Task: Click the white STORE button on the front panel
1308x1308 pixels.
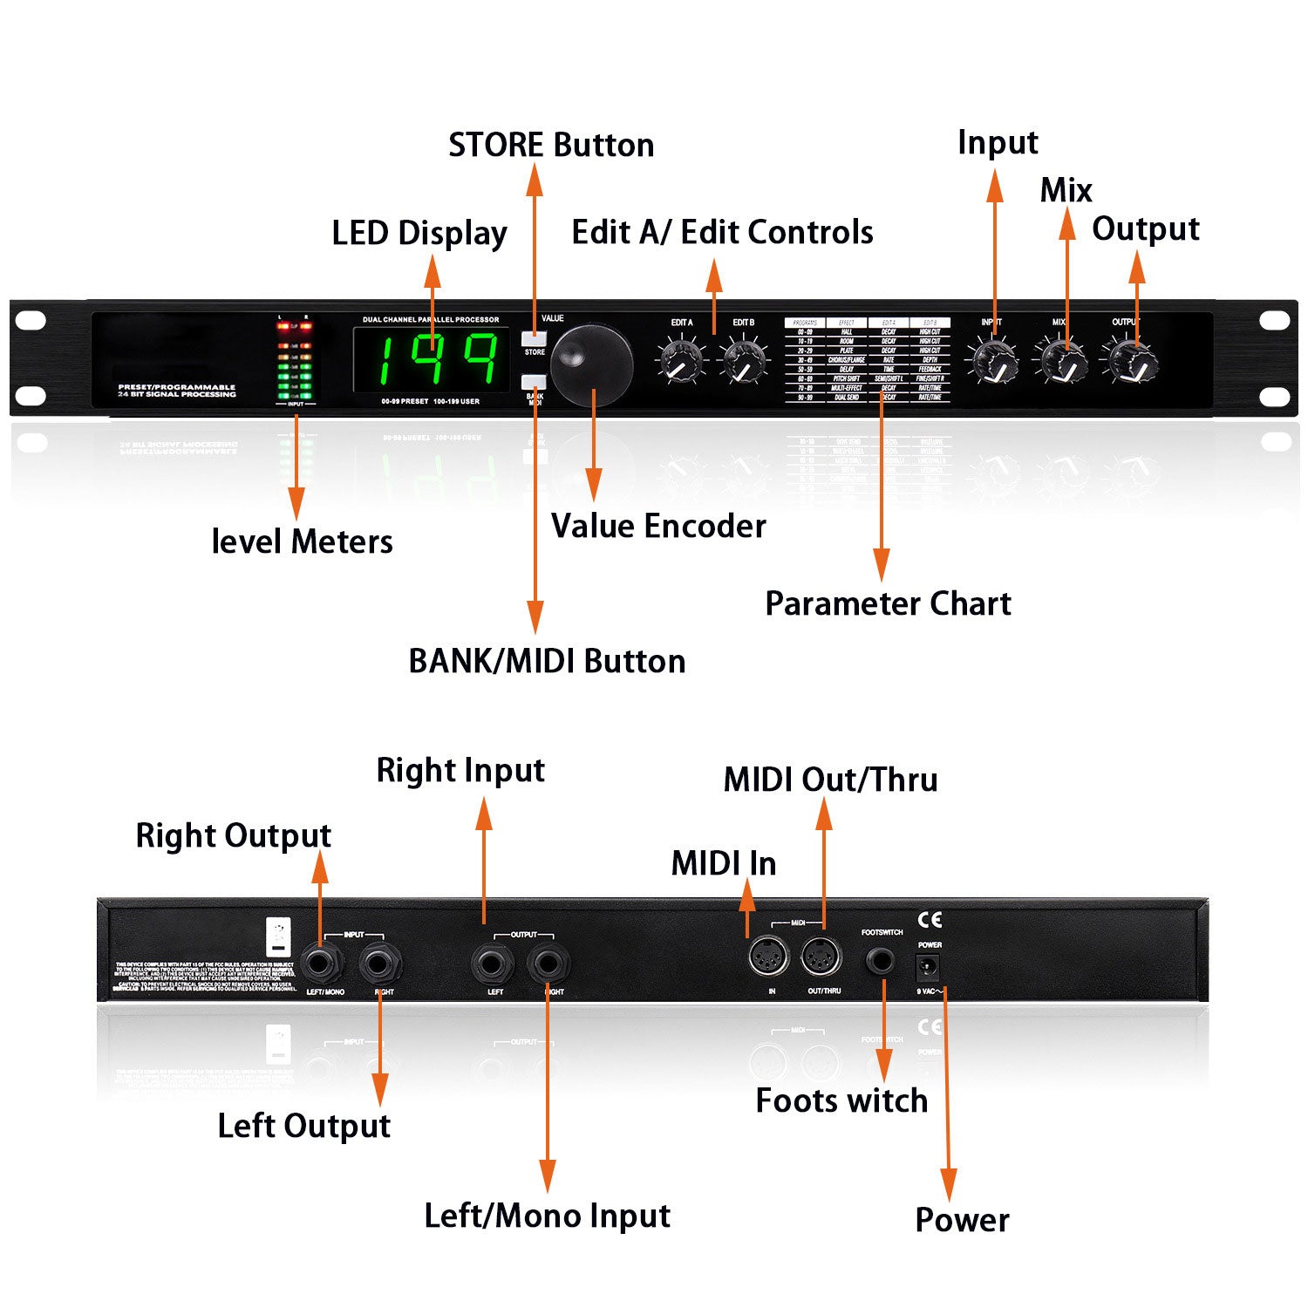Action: click(x=533, y=338)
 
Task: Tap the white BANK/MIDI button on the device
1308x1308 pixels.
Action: click(x=533, y=381)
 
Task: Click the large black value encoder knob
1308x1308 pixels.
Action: click(x=592, y=365)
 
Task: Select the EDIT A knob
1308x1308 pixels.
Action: click(x=681, y=361)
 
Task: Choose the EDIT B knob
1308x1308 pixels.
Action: click(x=745, y=361)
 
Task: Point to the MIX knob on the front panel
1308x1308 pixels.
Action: click(x=1061, y=361)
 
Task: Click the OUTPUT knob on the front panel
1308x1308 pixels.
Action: click(x=1130, y=361)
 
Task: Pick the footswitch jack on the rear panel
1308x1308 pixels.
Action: click(x=881, y=962)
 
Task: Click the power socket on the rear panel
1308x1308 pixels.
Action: click(x=927, y=967)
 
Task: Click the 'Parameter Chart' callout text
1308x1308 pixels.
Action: click(x=888, y=603)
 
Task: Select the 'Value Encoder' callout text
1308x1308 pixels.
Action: click(x=658, y=527)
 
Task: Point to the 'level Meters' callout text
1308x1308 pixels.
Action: click(x=302, y=542)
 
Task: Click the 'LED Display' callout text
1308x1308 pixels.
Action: click(x=419, y=234)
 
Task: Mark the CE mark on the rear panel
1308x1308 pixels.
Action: click(x=930, y=919)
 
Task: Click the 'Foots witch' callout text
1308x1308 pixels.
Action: click(x=841, y=1101)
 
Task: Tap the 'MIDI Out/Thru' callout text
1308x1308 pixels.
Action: click(x=830, y=780)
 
